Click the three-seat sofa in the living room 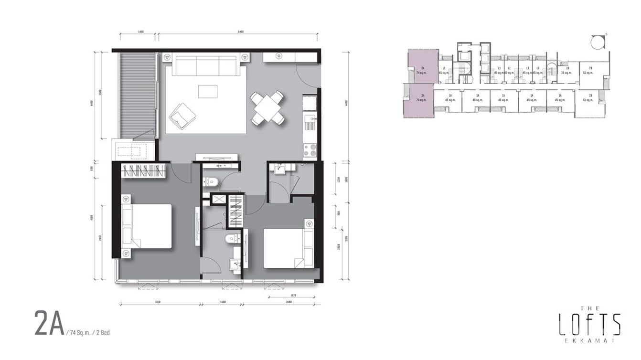tap(205, 65)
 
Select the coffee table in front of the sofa tap(207, 91)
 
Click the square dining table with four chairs tap(267, 108)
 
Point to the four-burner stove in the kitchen tap(310, 151)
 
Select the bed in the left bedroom tap(148, 226)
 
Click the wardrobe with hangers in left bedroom tap(143, 171)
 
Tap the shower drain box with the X tap(219, 200)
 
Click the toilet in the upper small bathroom tap(211, 181)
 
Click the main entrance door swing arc tap(307, 76)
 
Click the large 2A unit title tap(49, 323)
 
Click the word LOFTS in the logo tap(589, 325)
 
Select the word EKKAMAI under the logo tap(589, 341)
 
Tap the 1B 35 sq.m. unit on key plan tap(567, 71)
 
